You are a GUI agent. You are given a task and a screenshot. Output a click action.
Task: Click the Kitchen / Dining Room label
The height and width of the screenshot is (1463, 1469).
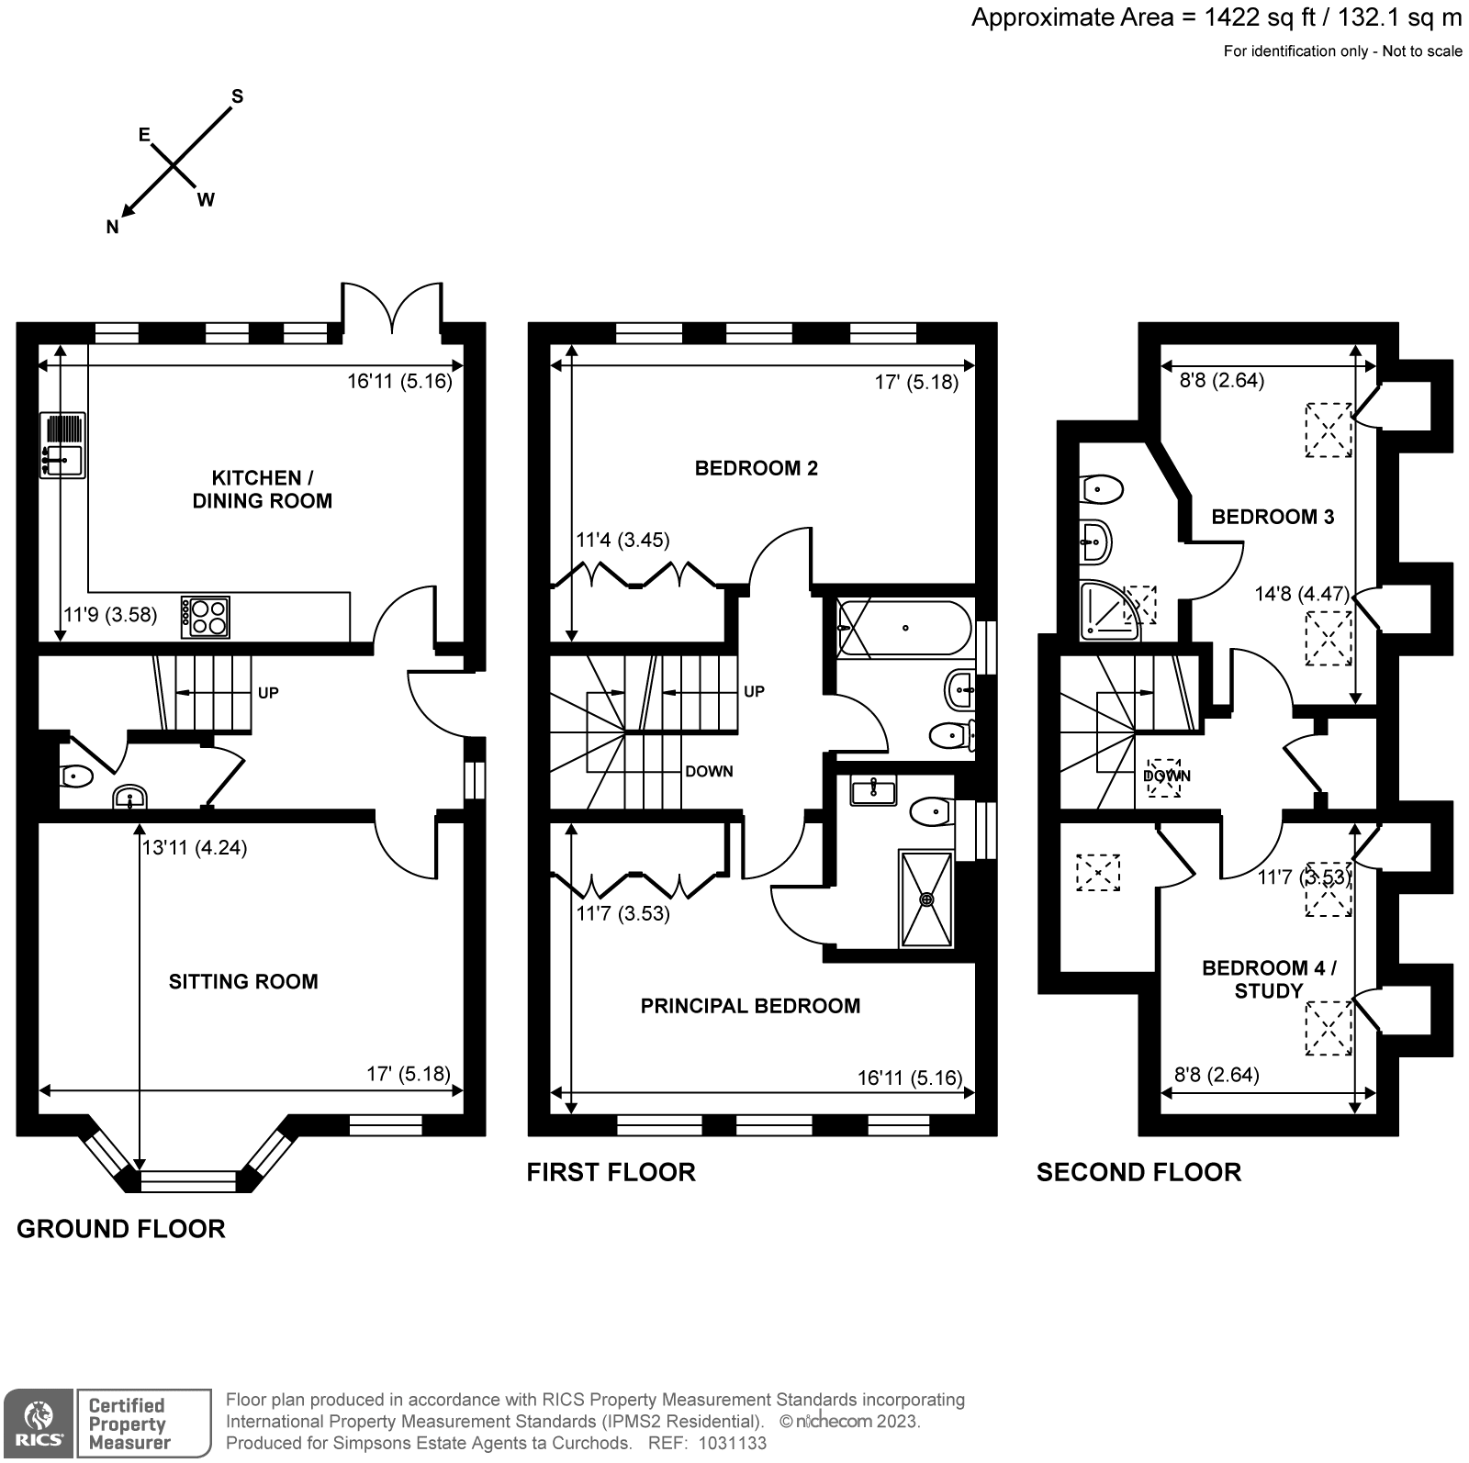[262, 489]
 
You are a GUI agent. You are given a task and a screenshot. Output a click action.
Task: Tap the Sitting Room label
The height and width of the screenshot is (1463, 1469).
[243, 981]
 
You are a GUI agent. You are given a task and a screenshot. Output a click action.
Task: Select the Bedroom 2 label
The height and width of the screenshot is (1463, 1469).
[756, 468]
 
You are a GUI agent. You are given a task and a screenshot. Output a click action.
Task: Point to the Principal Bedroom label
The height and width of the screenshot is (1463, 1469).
[750, 1006]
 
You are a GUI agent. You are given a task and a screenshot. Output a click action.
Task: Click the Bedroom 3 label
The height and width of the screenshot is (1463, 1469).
[1273, 517]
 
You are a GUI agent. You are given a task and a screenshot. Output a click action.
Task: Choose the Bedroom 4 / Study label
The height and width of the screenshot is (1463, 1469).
[1269, 979]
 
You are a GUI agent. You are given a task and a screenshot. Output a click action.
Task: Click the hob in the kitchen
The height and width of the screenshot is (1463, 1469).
[207, 617]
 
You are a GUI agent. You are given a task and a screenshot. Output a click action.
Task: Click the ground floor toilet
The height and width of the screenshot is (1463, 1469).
[76, 777]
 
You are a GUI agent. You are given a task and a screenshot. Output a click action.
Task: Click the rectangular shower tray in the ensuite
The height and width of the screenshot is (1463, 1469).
[927, 899]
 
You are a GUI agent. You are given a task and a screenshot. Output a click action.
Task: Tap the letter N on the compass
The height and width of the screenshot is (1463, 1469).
[113, 228]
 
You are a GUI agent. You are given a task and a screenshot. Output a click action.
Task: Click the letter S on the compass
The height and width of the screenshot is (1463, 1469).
[237, 96]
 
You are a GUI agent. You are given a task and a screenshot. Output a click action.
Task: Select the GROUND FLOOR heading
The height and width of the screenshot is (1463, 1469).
[121, 1229]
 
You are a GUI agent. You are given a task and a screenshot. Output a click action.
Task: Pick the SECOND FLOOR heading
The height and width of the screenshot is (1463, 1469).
[1138, 1172]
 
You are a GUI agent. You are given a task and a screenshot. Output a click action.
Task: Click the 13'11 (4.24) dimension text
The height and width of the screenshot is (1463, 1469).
[195, 848]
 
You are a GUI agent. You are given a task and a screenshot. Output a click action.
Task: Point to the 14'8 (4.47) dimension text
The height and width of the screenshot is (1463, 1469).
[1302, 594]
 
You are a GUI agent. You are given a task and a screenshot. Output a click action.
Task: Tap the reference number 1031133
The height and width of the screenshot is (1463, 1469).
[733, 1443]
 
